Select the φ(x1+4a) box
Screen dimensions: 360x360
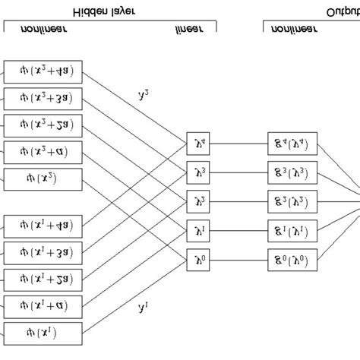pos(43,225)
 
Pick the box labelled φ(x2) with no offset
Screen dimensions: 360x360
pos(43,179)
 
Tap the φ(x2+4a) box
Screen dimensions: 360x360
pos(43,74)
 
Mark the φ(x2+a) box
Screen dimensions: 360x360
pos(43,153)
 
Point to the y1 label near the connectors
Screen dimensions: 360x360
pos(142,308)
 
